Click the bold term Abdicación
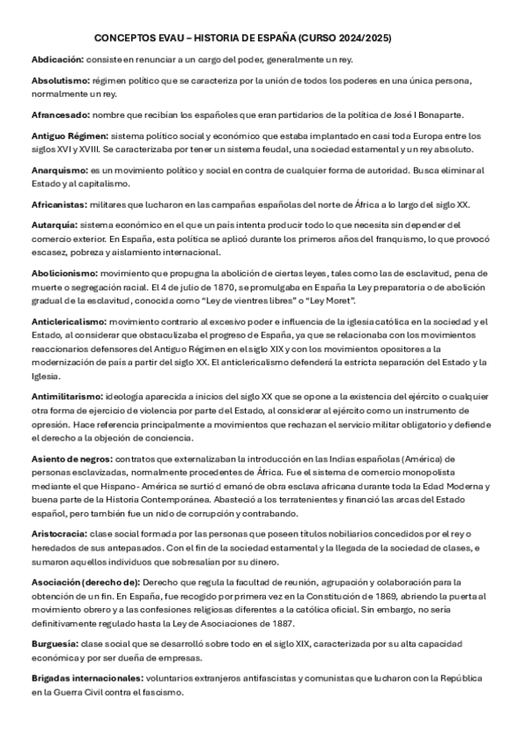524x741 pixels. click(x=57, y=58)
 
